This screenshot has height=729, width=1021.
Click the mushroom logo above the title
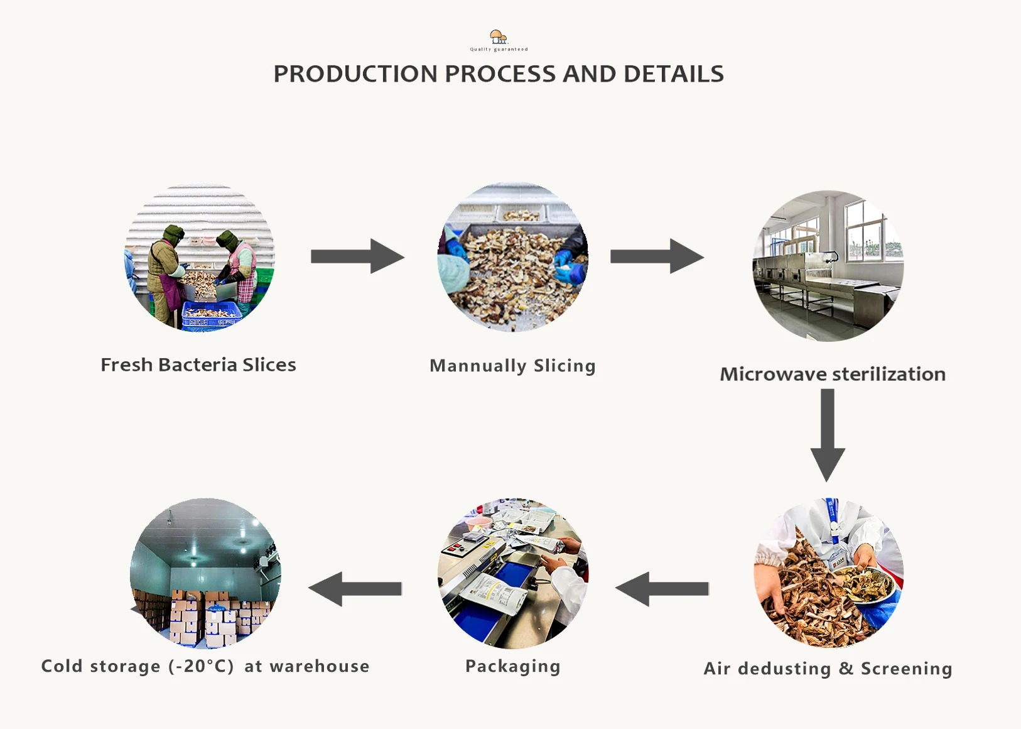click(x=498, y=37)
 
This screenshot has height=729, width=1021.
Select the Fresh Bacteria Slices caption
click(x=198, y=365)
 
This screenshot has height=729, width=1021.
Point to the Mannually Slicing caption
click(x=512, y=366)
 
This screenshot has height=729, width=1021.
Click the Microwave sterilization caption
click(x=833, y=375)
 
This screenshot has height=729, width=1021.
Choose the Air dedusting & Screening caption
click(x=828, y=669)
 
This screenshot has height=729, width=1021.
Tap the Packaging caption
click(x=512, y=666)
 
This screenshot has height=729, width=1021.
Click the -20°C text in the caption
click(x=201, y=666)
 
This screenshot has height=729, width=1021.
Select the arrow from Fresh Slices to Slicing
click(x=357, y=256)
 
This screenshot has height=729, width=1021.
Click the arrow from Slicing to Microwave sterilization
click(x=657, y=256)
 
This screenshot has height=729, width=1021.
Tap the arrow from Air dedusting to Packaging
click(x=662, y=589)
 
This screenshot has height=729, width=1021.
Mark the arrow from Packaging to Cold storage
click(x=355, y=589)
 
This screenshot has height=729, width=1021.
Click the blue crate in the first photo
click(x=210, y=314)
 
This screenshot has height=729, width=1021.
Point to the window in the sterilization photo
click(x=865, y=229)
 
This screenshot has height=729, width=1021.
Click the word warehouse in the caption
click(x=320, y=666)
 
